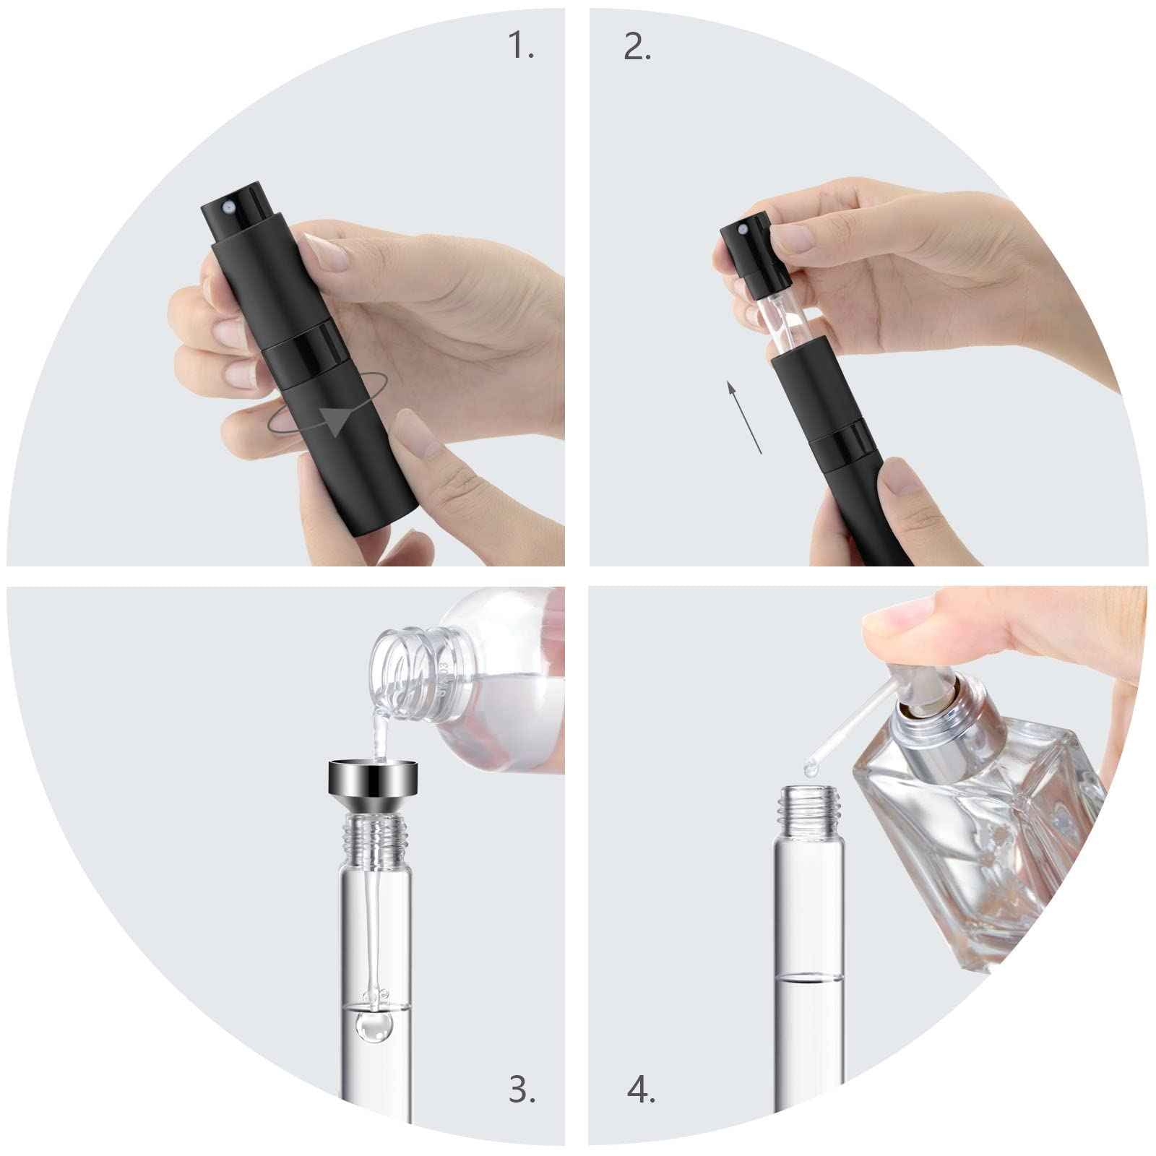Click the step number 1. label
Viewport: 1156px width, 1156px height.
point(522,47)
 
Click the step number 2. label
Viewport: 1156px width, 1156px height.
point(637,47)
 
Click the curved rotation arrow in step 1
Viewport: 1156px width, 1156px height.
point(329,419)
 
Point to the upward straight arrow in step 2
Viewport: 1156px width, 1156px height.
point(743,419)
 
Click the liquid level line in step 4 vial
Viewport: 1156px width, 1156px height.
point(808,978)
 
